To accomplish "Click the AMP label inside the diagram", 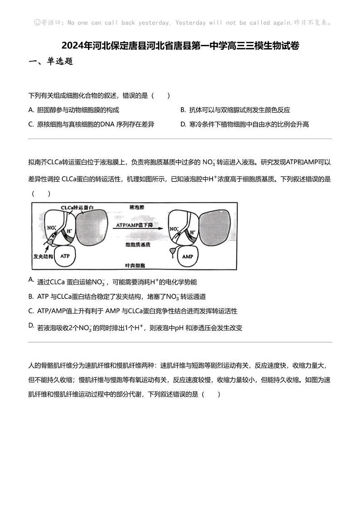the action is (x=187, y=256).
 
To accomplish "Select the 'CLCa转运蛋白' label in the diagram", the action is (x=78, y=207).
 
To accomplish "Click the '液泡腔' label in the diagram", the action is (x=136, y=207).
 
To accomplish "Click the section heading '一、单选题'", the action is (x=51, y=61).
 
